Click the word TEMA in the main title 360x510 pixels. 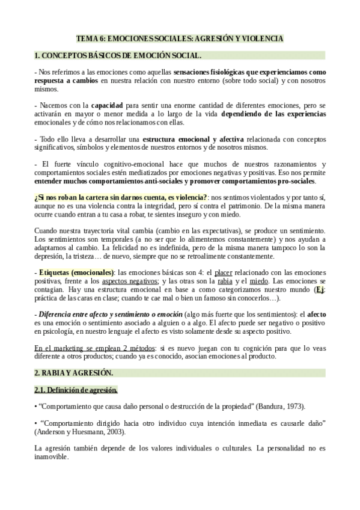pos(87,38)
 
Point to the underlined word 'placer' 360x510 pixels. pos(223,272)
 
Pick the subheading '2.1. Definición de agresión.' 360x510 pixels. pos(76,389)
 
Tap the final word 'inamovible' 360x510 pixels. pos(52,456)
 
